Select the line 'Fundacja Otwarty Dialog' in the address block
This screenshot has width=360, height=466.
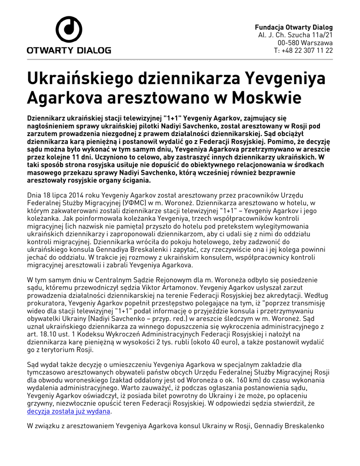tap(294, 27)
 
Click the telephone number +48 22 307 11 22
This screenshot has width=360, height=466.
tap(307, 50)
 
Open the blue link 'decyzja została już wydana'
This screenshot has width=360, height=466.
tap(69, 411)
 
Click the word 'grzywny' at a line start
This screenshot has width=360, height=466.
tap(40, 403)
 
